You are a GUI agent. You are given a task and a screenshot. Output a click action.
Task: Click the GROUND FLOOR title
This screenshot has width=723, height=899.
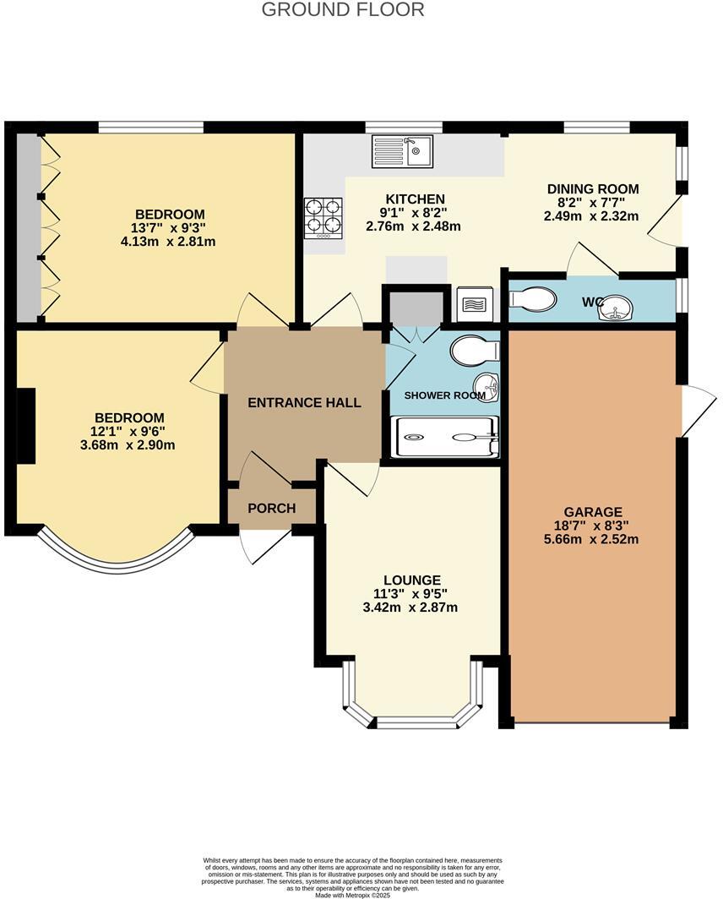343,10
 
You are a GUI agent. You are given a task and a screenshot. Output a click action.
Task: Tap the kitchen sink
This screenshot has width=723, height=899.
402,151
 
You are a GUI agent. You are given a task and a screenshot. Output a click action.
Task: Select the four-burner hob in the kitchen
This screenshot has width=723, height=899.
323,216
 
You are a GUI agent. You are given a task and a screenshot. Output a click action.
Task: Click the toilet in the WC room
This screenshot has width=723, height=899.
533,299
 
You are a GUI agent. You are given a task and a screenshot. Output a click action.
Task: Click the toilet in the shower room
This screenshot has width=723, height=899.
474,351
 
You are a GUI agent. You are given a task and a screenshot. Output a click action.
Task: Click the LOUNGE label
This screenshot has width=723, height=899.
412,580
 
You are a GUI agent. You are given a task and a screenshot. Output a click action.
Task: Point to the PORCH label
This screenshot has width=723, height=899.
271,509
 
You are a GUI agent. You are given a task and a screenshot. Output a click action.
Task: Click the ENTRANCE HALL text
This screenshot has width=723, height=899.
304,403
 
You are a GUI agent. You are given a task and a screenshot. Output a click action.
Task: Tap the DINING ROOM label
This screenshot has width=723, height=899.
592,189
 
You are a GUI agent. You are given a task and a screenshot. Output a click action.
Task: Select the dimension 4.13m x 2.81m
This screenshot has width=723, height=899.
168,242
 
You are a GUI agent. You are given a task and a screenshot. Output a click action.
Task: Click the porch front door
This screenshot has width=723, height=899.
264,545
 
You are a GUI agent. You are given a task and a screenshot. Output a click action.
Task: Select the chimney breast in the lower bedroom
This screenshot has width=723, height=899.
26,426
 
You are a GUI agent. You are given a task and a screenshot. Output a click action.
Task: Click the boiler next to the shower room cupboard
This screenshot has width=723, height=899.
473,304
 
